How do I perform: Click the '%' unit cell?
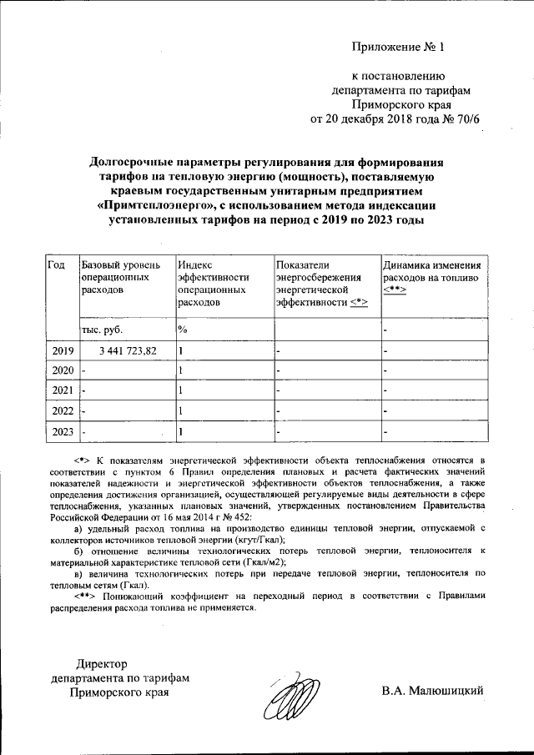pyautogui.click(x=183, y=330)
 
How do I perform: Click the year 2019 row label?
pyautogui.click(x=63, y=350)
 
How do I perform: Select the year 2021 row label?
pyautogui.click(x=63, y=390)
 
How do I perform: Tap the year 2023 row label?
pyautogui.click(x=63, y=431)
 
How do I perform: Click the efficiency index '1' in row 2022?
pyautogui.click(x=181, y=410)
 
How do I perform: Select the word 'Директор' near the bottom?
pyautogui.click(x=104, y=664)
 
